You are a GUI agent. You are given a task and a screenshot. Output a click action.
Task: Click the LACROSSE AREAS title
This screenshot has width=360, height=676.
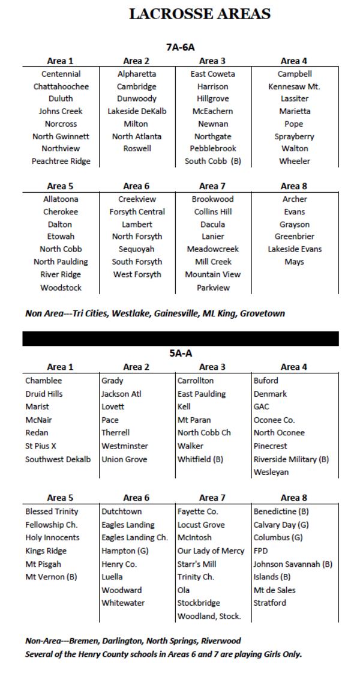(x=200, y=14)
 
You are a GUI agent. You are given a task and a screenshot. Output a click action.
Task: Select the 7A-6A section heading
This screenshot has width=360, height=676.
(x=181, y=47)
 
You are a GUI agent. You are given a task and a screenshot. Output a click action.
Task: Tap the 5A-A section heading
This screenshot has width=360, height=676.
(x=181, y=354)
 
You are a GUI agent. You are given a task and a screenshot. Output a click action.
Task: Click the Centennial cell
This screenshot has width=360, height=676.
(x=61, y=74)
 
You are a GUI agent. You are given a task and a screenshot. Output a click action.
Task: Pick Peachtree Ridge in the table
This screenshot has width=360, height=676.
(x=61, y=161)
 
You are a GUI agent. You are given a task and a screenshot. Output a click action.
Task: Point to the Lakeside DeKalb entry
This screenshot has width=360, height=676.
(x=137, y=111)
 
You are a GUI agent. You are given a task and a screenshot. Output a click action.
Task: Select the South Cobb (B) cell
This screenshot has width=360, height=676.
(x=212, y=161)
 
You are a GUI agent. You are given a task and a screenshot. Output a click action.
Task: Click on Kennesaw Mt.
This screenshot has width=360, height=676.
(x=294, y=86)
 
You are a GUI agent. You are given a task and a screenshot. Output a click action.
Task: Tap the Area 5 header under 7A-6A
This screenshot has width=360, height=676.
(x=60, y=186)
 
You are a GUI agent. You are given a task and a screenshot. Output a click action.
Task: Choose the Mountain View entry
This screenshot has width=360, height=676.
(x=212, y=274)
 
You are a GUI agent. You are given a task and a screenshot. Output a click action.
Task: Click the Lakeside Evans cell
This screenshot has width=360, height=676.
(x=294, y=249)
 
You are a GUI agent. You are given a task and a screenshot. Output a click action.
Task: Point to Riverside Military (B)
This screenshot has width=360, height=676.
(x=291, y=459)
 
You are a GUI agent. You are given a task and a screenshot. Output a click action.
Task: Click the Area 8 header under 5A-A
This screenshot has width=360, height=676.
(x=290, y=497)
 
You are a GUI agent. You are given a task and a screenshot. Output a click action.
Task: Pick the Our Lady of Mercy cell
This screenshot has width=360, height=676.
(x=211, y=551)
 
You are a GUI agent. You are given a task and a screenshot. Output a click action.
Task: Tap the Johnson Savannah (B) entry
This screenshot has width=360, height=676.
(x=293, y=564)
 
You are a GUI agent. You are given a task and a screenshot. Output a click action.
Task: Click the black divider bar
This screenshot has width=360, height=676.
(x=181, y=339)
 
